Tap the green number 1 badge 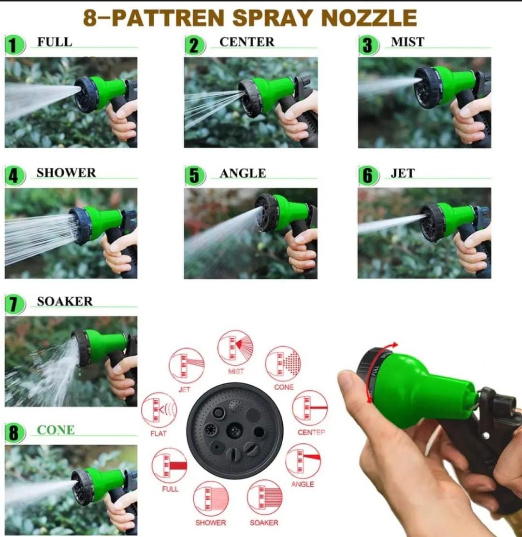point(14,45)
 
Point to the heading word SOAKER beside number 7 point(64,302)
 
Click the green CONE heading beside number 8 point(56,430)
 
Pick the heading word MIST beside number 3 point(407,43)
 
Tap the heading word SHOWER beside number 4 point(66,173)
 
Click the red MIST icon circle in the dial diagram point(235,348)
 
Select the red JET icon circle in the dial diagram point(186,366)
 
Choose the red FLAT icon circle point(159,409)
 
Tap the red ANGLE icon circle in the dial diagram point(303,461)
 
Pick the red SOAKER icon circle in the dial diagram point(264,498)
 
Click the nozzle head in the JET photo point(432,222)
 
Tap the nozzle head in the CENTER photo point(250,98)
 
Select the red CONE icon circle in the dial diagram point(283,363)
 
